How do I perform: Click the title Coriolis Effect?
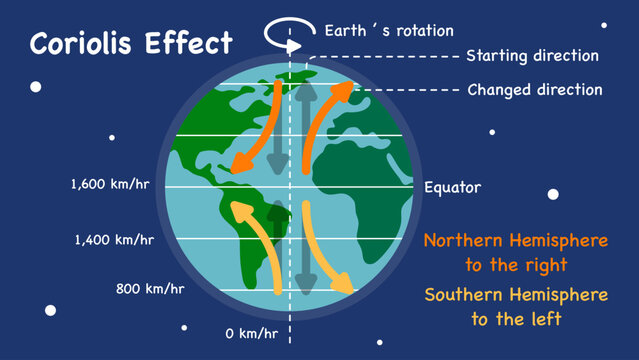tap(131, 44)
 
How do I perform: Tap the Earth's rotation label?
tap(389, 30)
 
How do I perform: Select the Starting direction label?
tap(533, 56)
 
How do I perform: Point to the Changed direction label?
tap(535, 90)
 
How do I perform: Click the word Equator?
tap(452, 187)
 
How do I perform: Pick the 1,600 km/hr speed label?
tap(113, 185)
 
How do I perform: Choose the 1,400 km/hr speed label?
tap(113, 240)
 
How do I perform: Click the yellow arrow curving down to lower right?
tap(327, 250)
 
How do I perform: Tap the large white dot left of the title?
tap(36, 87)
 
